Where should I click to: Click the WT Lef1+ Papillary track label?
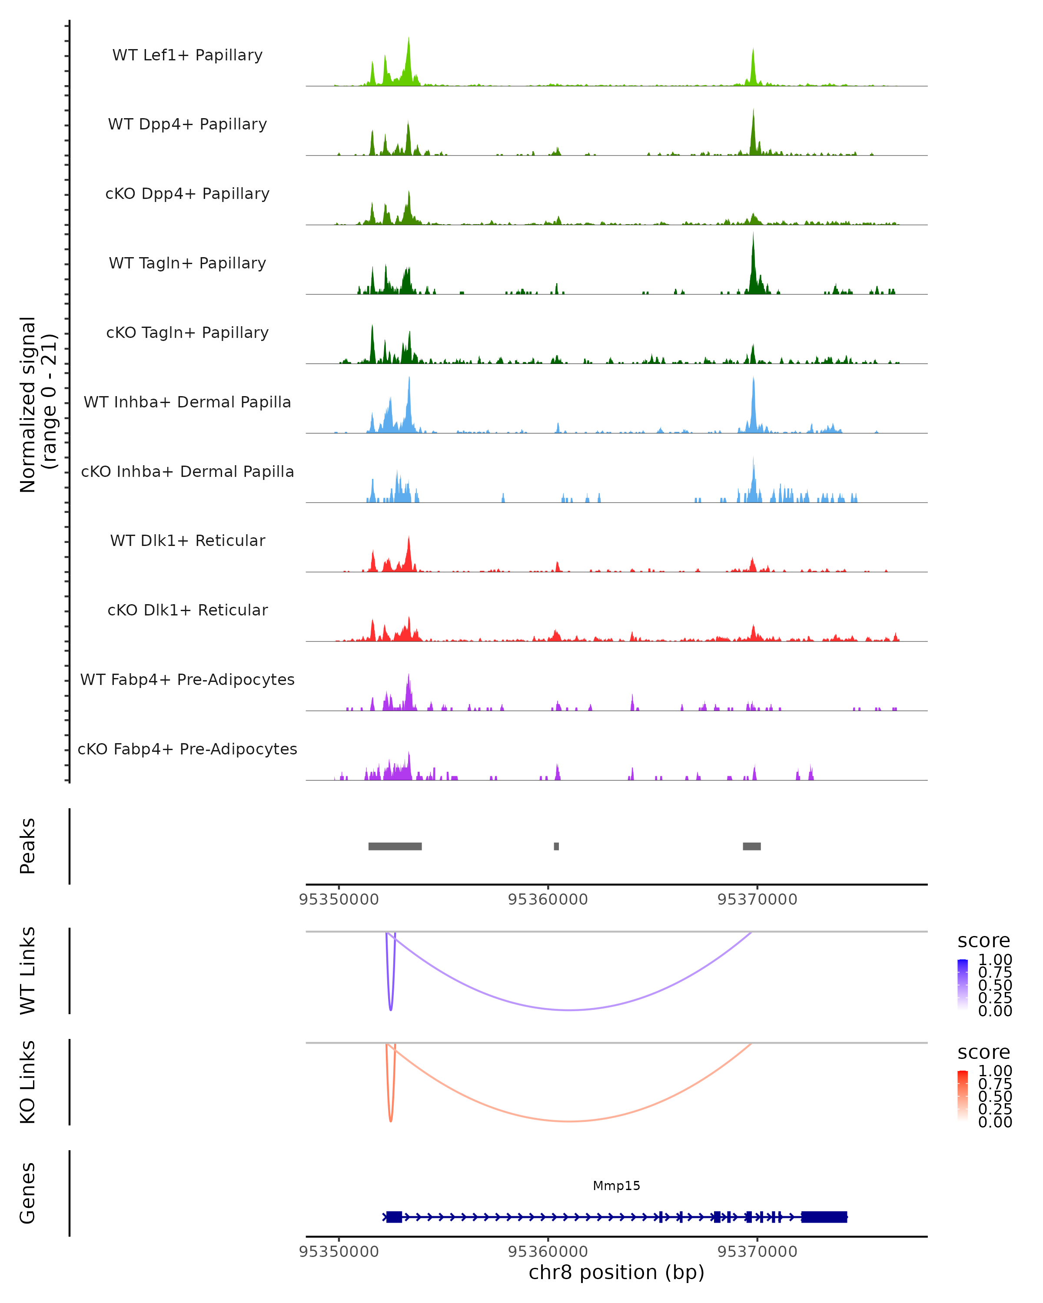(187, 55)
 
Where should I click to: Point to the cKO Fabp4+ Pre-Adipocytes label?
(187, 749)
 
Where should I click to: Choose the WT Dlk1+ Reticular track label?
(187, 540)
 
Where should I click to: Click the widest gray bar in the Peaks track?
(395, 846)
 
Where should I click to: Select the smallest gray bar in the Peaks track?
(556, 846)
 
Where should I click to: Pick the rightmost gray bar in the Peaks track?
(751, 846)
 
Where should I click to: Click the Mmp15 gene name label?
(616, 1186)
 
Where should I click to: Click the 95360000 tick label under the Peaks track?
(548, 900)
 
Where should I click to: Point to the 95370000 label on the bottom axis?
(757, 1252)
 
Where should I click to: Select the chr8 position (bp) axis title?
(616, 1273)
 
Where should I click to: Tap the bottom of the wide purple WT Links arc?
(570, 1010)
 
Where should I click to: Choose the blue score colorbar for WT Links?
(963, 985)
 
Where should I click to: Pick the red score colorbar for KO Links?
(963, 1096)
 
